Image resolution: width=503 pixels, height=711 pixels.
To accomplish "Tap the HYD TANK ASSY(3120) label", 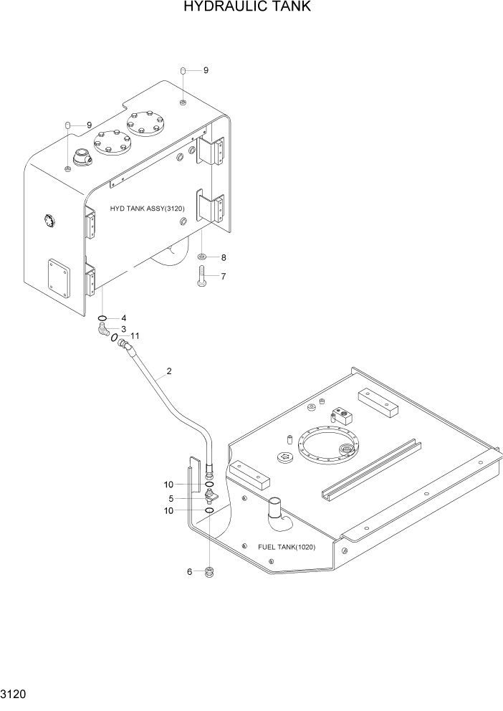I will [148, 209].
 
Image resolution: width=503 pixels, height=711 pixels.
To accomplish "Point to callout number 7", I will [223, 276].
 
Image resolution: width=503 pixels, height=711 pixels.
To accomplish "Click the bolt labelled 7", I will [201, 275].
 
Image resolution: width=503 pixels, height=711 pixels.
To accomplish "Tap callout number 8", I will [223, 257].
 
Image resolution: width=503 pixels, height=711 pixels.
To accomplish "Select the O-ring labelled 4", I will [103, 318].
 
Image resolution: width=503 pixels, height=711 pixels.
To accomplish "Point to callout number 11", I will [135, 335].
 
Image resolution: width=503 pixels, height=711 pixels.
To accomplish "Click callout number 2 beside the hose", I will [169, 371].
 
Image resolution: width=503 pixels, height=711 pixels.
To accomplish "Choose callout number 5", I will [171, 498].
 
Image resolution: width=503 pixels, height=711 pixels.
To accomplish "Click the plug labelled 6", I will [209, 572].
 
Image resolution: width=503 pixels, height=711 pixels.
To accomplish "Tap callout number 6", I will [189, 571].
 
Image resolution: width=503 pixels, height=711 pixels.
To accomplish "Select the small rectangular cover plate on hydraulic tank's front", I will [59, 277].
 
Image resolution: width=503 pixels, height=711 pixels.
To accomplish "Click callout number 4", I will [123, 318].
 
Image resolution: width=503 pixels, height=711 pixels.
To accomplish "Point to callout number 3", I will [123, 329].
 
